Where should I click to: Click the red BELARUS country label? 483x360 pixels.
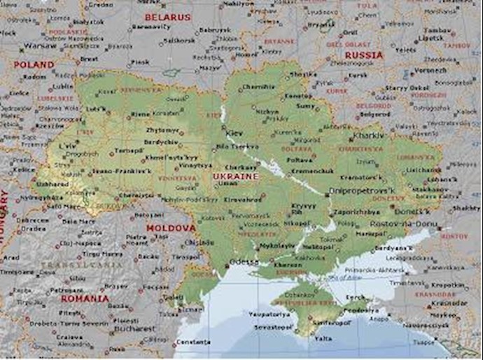(x=167, y=16)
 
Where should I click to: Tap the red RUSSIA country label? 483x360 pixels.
(x=364, y=55)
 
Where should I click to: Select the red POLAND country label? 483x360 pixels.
(x=34, y=64)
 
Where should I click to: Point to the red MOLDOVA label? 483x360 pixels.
(x=170, y=228)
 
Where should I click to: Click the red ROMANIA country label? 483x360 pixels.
(x=85, y=298)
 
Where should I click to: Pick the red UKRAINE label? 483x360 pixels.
(x=236, y=176)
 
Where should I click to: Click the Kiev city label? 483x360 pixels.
(x=234, y=132)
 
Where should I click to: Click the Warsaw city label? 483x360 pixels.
(x=40, y=46)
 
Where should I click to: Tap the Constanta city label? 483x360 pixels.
(x=194, y=341)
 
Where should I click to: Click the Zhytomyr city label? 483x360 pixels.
(x=162, y=130)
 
